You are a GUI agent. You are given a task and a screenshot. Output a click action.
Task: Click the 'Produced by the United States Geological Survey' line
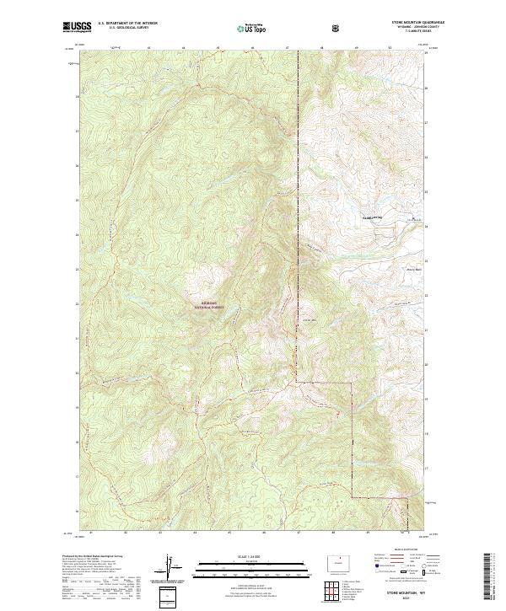click(x=92, y=556)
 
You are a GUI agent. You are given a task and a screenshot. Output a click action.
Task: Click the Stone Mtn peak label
click(x=310, y=320)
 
